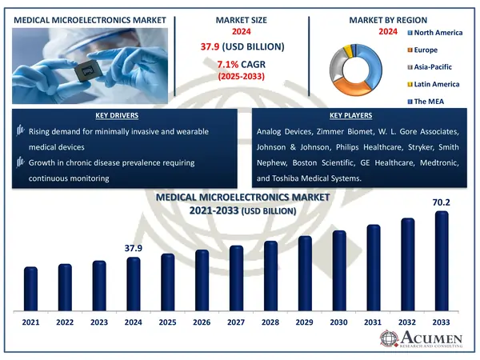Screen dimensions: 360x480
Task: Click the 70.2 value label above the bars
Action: pyautogui.click(x=442, y=202)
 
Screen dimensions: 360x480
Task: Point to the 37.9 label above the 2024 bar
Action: pyautogui.click(x=133, y=249)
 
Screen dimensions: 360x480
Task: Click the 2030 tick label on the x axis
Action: pyautogui.click(x=339, y=322)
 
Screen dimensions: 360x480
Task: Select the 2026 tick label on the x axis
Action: pyautogui.click(x=202, y=322)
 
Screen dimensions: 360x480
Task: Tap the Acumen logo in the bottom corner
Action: pyautogui.click(x=422, y=340)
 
